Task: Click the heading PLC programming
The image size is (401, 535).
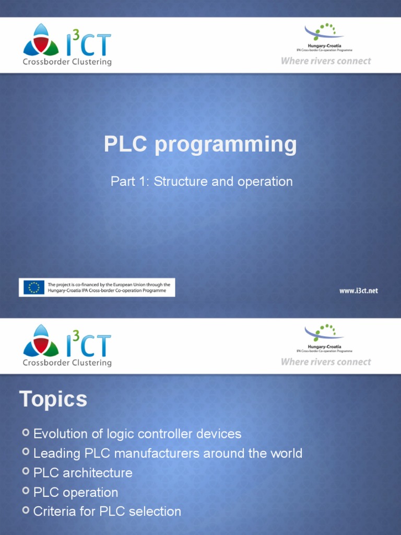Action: point(200,145)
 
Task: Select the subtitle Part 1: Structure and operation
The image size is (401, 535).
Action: point(202,182)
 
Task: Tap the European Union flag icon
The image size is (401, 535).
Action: point(34,287)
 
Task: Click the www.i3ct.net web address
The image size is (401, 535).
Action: point(358,290)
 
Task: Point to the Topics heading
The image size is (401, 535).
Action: point(53,400)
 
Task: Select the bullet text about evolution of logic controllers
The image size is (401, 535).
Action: point(137,434)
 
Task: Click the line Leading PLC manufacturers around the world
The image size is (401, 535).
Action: point(168,453)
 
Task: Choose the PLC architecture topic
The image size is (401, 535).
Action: point(83,473)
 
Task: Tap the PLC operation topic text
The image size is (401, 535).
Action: point(76,492)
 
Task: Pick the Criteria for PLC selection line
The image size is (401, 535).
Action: point(107,511)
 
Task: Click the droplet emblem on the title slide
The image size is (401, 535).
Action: point(41,41)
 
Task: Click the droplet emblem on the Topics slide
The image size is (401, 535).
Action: point(41,342)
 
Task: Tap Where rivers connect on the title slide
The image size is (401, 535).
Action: point(326,61)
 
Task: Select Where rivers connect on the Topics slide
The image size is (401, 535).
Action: point(326,362)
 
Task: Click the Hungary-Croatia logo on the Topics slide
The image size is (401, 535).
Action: point(324,338)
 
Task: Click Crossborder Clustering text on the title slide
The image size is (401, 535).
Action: point(67,62)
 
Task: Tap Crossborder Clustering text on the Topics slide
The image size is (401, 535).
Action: point(67,363)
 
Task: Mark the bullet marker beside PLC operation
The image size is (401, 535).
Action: point(26,492)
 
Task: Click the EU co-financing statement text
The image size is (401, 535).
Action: point(109,287)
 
